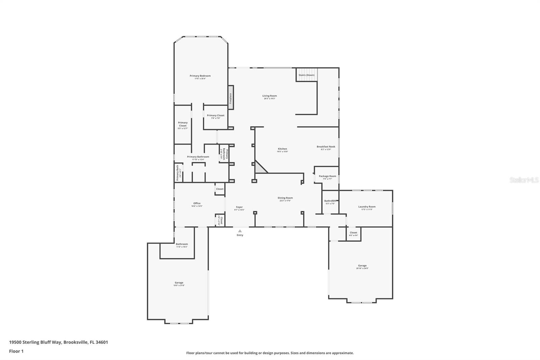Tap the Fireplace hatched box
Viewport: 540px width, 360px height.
point(231,97)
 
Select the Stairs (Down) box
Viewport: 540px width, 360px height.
point(307,75)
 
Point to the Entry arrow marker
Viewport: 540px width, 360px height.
point(240,231)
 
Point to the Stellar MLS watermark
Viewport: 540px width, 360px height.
point(524,180)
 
